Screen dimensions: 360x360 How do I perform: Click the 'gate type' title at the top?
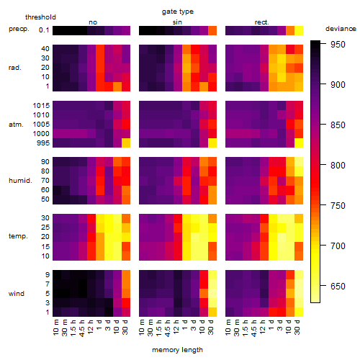(x=178, y=12)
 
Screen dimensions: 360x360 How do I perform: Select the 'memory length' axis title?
(x=177, y=350)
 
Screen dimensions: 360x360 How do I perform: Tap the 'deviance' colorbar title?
(x=341, y=29)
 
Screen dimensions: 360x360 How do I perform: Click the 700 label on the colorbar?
(x=338, y=246)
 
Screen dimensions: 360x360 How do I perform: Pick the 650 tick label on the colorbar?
(x=338, y=286)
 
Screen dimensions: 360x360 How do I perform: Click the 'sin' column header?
(x=177, y=22)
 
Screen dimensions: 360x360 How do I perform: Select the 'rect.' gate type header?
(x=262, y=22)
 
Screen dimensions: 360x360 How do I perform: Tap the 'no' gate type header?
(x=93, y=22)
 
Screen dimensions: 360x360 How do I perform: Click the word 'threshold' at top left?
(x=40, y=17)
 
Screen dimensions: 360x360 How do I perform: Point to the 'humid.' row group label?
(x=20, y=181)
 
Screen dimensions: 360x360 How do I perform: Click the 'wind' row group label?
(x=17, y=294)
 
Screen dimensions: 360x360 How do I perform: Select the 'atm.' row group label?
(x=16, y=125)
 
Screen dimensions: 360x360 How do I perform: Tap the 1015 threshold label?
(x=41, y=106)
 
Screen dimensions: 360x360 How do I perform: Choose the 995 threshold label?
(x=43, y=143)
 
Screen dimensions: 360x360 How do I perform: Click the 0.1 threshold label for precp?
(x=44, y=30)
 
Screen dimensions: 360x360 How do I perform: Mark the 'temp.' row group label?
(x=18, y=236)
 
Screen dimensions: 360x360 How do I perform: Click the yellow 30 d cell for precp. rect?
(x=299, y=30)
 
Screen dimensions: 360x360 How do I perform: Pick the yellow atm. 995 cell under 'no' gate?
(x=126, y=143)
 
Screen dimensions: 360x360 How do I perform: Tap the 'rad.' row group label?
(x=15, y=68)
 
